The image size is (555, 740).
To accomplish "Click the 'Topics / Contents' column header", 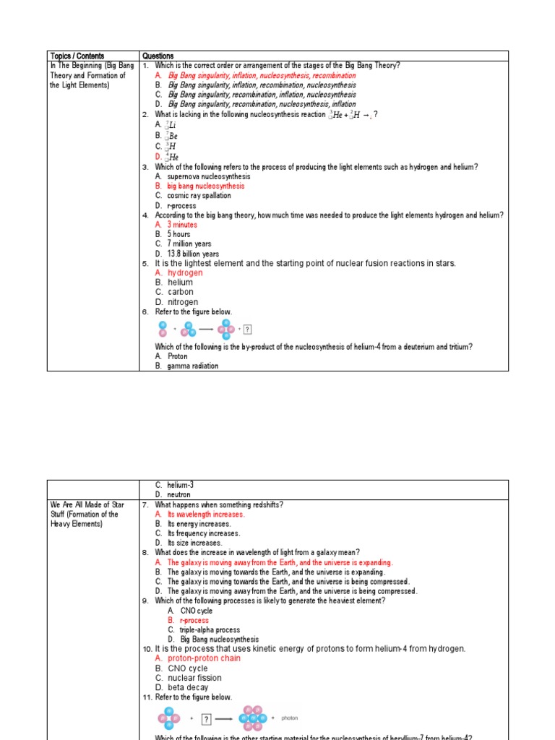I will [x=77, y=56].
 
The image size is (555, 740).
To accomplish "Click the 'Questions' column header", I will [x=158, y=56].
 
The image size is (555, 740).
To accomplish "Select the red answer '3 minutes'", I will [x=182, y=225].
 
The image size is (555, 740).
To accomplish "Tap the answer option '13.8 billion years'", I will [x=193, y=254].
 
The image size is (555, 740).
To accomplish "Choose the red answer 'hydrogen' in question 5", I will [x=185, y=273].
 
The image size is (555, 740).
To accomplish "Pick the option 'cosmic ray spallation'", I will [x=199, y=195].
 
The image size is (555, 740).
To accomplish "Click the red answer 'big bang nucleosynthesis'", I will [x=205, y=186].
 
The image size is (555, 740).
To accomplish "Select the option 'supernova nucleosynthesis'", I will [x=208, y=176].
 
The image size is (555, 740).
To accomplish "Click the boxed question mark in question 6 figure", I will [x=247, y=330].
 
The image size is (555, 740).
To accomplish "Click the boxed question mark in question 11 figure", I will [x=206, y=718].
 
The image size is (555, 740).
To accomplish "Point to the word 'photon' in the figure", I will [x=289, y=718].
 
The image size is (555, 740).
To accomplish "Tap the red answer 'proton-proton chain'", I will [x=204, y=658].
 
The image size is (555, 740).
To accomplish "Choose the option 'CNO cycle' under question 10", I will [x=187, y=668].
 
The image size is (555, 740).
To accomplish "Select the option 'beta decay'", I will [x=188, y=687].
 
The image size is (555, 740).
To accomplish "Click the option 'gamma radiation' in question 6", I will [x=192, y=366].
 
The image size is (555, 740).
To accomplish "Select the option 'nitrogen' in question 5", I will [x=182, y=302].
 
